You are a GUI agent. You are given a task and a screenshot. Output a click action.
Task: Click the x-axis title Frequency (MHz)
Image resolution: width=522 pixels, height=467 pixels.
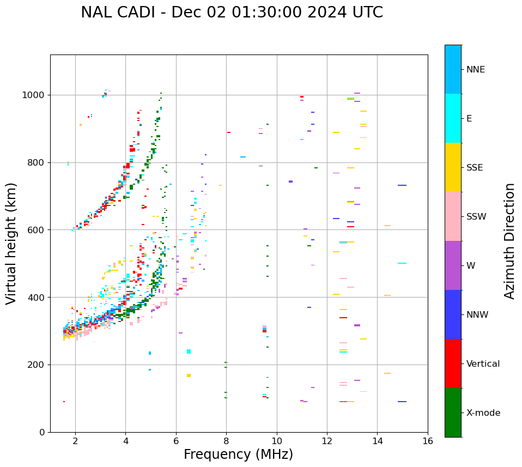coord(238,454)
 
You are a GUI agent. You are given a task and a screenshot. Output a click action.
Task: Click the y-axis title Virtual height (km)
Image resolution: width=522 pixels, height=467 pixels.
coord(11,243)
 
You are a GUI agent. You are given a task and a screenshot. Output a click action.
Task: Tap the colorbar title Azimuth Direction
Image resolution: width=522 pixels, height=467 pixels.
coord(509,240)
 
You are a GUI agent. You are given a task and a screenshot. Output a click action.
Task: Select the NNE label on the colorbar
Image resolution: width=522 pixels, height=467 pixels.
coord(475,70)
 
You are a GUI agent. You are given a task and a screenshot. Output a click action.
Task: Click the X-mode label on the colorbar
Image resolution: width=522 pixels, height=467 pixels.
coord(483,413)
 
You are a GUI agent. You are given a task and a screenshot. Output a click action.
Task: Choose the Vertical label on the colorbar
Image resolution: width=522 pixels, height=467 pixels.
coord(483,364)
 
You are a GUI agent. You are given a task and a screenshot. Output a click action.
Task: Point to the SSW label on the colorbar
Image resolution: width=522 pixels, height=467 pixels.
coord(476,217)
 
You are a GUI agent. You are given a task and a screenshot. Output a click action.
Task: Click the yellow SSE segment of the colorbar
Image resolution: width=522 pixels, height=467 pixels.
coord(453,167)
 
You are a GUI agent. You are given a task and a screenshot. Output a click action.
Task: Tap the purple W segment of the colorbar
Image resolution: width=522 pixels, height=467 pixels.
coord(453,265)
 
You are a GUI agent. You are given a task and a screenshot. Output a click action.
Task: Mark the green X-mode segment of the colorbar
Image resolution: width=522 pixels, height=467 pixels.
coord(453,413)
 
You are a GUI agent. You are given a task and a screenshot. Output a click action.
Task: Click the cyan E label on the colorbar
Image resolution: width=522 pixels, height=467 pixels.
coord(469,119)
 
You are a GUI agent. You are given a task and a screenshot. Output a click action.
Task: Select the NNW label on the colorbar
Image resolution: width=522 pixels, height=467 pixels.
coord(477,315)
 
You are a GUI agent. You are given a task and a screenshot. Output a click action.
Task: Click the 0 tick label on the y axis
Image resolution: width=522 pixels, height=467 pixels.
coord(41,432)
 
